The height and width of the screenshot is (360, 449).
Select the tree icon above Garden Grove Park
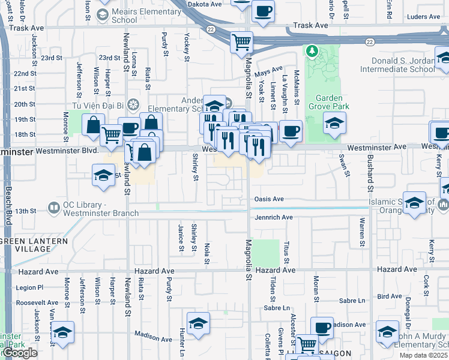(312, 52)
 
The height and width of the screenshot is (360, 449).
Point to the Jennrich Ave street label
(273, 217)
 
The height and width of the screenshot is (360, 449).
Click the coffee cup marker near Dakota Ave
(263, 11)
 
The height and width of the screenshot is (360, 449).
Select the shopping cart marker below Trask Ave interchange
(241, 42)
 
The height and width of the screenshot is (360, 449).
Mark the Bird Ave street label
(390, 296)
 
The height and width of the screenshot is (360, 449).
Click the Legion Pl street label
(30, 288)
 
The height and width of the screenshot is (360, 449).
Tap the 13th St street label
(26, 211)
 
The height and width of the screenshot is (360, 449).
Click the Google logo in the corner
(20, 353)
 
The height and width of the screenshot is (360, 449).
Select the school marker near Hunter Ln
(198, 323)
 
